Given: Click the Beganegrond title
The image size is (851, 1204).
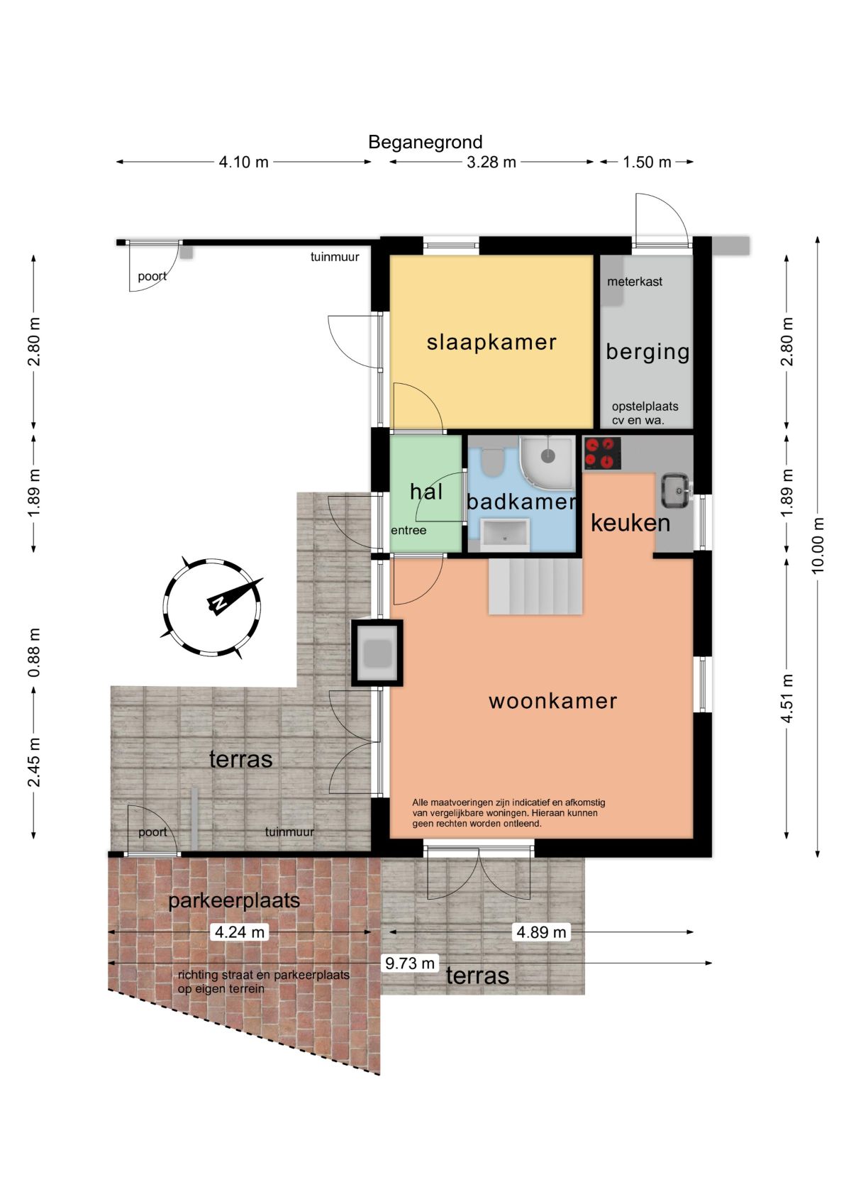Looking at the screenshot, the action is pyautogui.click(x=425, y=142).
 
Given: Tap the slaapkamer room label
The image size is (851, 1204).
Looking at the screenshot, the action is pyautogui.click(x=491, y=343).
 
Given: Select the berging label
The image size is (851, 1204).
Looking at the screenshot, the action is pyautogui.click(x=647, y=353).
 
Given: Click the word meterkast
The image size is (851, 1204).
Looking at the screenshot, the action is pyautogui.click(x=635, y=281).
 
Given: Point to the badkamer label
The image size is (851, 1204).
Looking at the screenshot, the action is pyautogui.click(x=521, y=502).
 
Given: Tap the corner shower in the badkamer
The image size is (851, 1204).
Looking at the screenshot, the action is pyautogui.click(x=547, y=458).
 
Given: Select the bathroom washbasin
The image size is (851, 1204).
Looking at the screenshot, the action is pyautogui.click(x=504, y=534).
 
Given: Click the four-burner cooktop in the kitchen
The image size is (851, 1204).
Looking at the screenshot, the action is pyautogui.click(x=601, y=453).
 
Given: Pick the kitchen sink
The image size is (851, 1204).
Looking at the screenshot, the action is pyautogui.click(x=675, y=490).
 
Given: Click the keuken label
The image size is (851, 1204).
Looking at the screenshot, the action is pyautogui.click(x=630, y=523).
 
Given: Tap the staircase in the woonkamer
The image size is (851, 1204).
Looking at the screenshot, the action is pyautogui.click(x=535, y=587).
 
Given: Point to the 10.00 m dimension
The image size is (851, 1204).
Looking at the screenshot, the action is pyautogui.click(x=817, y=546).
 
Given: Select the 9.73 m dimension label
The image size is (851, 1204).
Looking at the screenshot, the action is pyautogui.click(x=409, y=963).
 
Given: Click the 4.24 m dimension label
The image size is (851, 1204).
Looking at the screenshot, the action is pyautogui.click(x=239, y=932).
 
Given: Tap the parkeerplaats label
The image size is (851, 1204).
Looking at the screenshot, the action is pyautogui.click(x=234, y=900).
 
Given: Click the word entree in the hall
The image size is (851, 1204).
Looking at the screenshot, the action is pyautogui.click(x=408, y=531).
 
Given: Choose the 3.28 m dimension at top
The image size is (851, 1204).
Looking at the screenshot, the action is pyautogui.click(x=491, y=162).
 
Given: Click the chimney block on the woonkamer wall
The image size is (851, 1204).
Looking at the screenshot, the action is pyautogui.click(x=377, y=653).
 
